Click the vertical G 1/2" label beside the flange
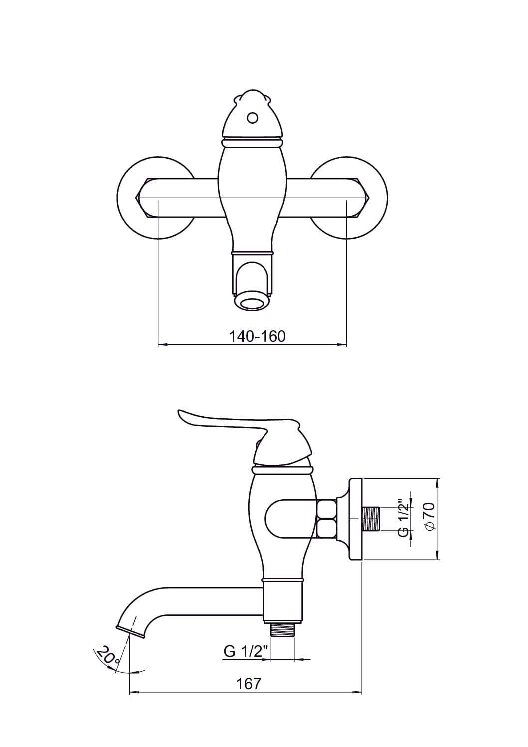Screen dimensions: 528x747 pyautogui.click(x=403, y=518)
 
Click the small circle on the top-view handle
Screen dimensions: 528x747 pyautogui.click(x=252, y=118)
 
